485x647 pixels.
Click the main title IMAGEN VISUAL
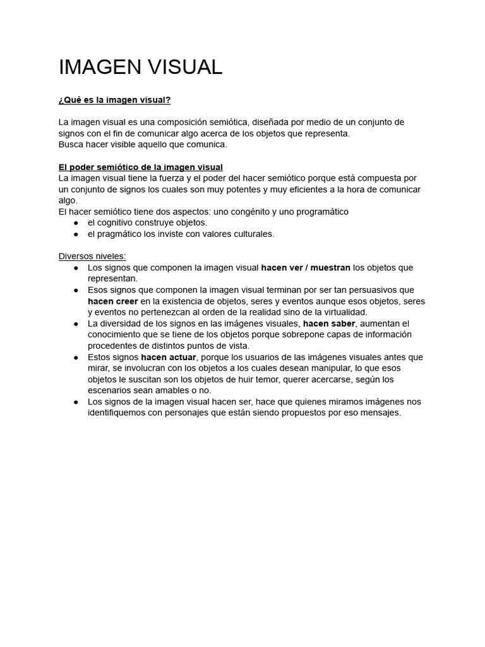tap(140, 67)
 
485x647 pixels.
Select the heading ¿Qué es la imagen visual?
tap(114, 100)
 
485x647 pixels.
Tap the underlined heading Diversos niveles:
tap(92, 256)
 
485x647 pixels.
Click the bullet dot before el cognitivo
tap(76, 223)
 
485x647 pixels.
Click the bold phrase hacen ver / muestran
tap(306, 267)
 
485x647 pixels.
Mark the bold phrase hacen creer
tap(112, 301)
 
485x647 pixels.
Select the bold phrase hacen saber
tap(329, 323)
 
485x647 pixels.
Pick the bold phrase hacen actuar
tap(169, 357)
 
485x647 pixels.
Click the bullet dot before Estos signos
tap(76, 357)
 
